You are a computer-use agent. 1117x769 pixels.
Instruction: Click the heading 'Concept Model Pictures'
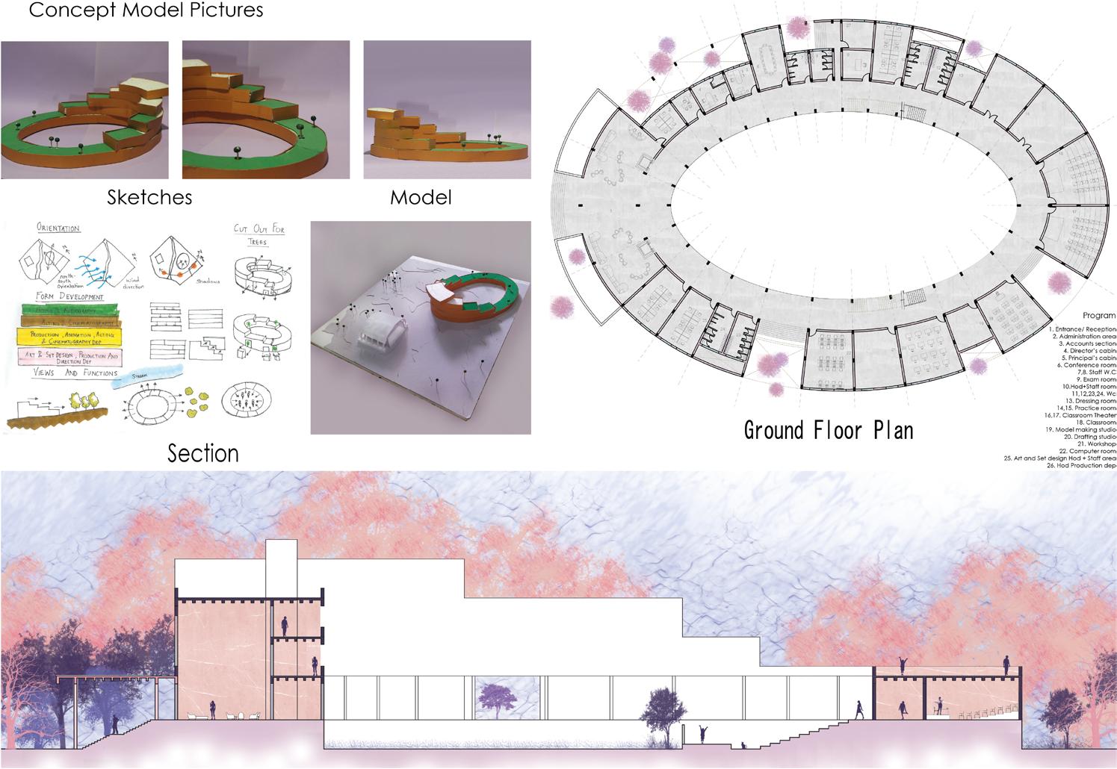146,10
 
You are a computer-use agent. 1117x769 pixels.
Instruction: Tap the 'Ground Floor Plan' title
829,430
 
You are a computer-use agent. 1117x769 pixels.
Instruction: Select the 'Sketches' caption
149,197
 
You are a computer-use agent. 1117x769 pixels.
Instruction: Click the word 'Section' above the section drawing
203,453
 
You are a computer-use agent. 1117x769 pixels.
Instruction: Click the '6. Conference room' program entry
1086,365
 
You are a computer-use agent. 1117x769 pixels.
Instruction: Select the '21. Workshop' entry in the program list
1096,443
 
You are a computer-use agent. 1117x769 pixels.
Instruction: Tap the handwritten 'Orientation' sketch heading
58,228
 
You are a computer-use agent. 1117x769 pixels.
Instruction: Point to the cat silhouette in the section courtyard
743,744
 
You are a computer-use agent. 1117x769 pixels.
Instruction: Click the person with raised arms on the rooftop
905,663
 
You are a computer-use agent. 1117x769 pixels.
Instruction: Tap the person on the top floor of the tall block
285,624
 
